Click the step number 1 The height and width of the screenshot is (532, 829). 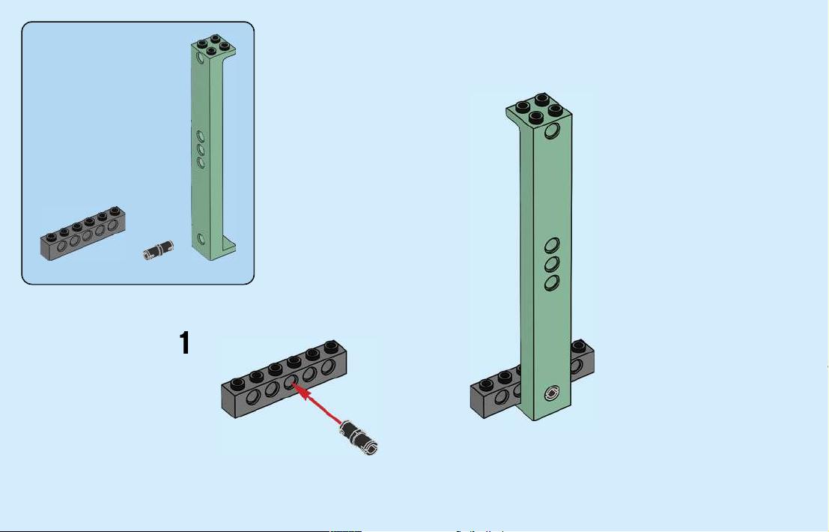184,342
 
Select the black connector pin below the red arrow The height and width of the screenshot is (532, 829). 359,437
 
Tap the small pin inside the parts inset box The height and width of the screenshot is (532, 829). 159,250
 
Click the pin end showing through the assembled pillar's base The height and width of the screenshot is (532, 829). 553,393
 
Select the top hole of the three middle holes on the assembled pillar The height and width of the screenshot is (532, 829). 552,245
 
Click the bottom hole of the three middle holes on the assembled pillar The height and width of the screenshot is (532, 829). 552,282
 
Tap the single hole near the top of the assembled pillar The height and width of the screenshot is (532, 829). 552,130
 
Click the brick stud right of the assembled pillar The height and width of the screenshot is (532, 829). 579,346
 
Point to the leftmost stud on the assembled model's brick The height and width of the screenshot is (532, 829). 486,384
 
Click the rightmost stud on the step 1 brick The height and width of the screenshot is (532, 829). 332,347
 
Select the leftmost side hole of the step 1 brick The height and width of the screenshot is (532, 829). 252,396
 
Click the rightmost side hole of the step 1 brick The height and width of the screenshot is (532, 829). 328,366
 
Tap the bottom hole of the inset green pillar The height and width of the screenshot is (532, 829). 201,238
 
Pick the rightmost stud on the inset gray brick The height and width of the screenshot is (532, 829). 115,211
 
